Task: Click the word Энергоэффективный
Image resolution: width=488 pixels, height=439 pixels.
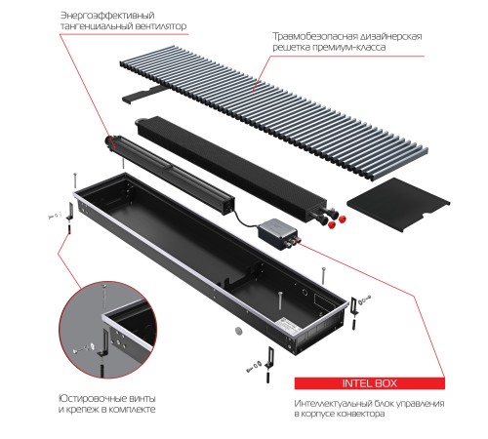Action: pyautogui.click(x=94, y=17)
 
